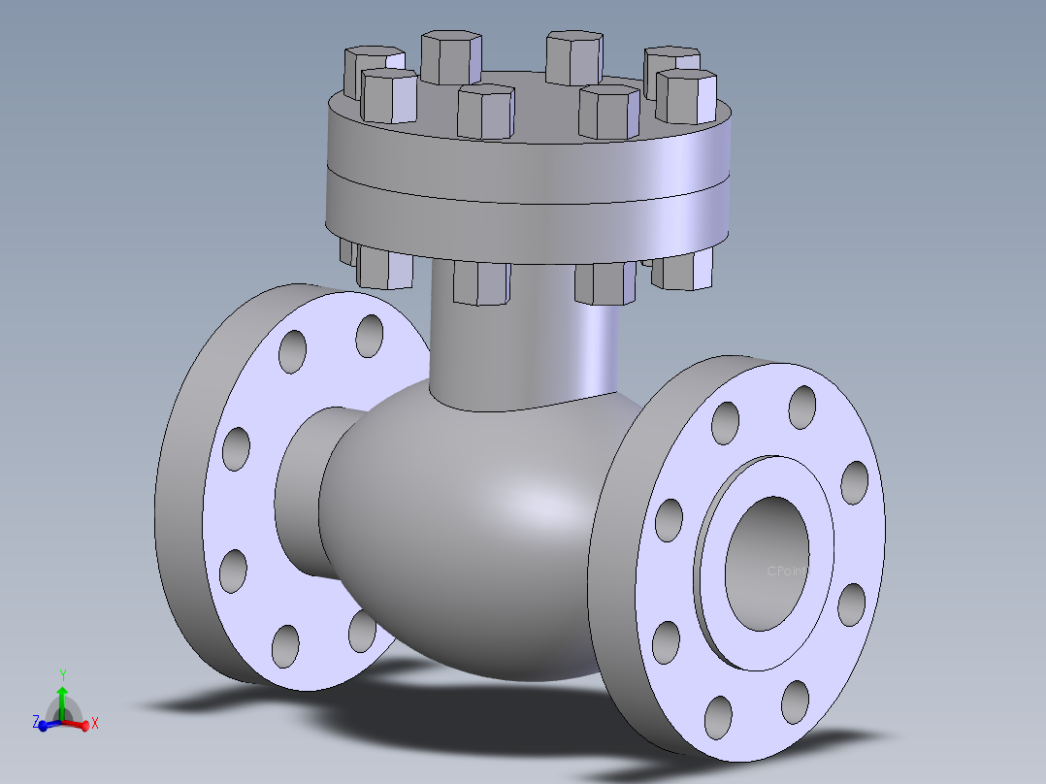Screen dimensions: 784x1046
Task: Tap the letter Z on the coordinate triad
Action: (36, 722)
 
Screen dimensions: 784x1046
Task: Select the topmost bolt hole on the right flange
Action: (802, 408)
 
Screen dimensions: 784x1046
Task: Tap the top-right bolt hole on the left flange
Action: (370, 336)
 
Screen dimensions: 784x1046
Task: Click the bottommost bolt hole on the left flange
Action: (285, 645)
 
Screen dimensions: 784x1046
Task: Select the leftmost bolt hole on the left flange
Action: (236, 449)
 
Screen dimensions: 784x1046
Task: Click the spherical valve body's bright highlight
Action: (529, 505)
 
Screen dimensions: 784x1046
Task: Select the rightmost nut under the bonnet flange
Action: (682, 270)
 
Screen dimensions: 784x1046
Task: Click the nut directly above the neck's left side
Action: (481, 282)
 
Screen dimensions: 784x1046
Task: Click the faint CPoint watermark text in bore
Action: (786, 572)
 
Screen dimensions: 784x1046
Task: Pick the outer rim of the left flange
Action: (180, 485)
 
